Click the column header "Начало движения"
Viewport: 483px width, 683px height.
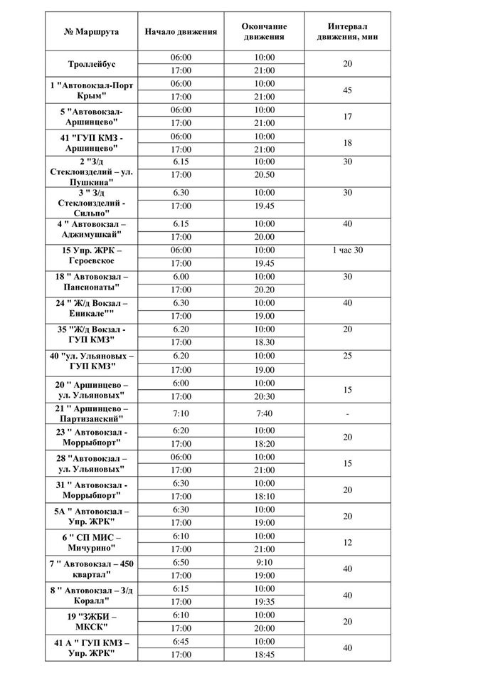[181, 32]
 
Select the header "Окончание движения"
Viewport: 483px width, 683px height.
[263, 32]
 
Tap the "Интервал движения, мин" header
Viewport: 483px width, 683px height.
[346, 32]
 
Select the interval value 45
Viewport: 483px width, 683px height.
[346, 90]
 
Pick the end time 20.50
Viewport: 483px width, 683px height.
[263, 174]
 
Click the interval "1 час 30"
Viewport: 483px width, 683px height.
[346, 250]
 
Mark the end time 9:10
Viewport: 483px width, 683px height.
[263, 562]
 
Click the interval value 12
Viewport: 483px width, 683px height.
[346, 542]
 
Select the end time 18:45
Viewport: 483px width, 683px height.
[263, 655]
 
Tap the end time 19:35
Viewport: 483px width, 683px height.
[263, 602]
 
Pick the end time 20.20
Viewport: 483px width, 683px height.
[263, 290]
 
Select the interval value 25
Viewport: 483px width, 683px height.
[346, 355]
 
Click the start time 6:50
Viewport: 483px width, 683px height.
[181, 562]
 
